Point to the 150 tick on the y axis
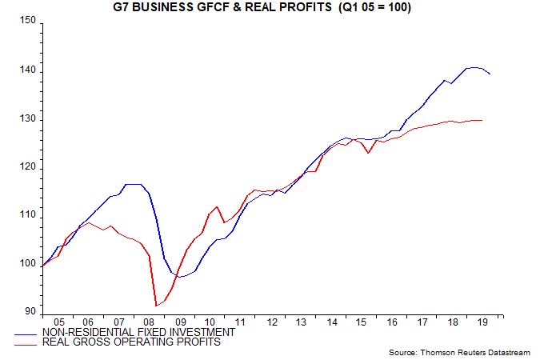[27, 22]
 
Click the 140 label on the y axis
[27, 70]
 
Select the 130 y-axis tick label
[27, 118]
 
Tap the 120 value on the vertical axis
[27, 166]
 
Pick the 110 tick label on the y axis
[27, 215]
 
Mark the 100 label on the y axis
[27, 263]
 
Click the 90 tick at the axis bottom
[30, 311]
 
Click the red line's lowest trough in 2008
[156, 306]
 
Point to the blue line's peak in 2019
[474, 67]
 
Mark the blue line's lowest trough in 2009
[180, 277]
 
